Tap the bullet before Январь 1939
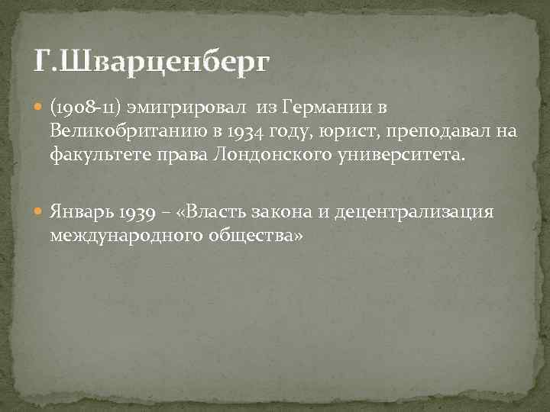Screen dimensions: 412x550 point(40,211)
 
